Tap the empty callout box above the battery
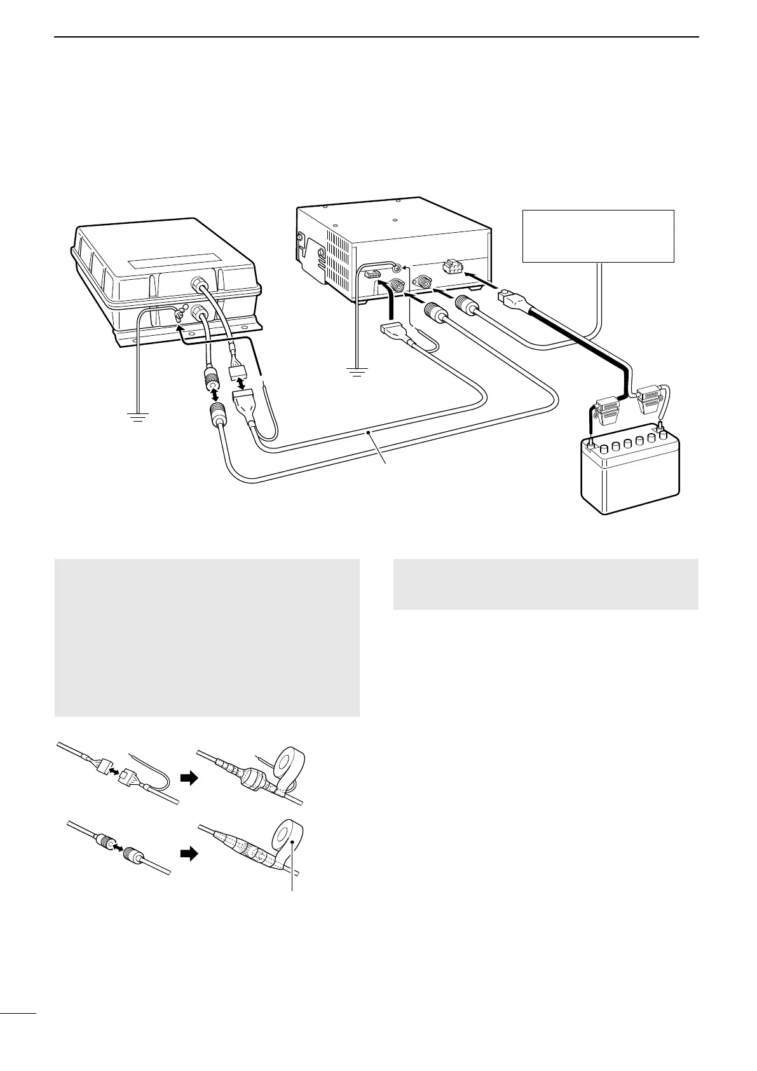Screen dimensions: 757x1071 click(597, 235)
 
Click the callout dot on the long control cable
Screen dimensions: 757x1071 click(368, 433)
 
